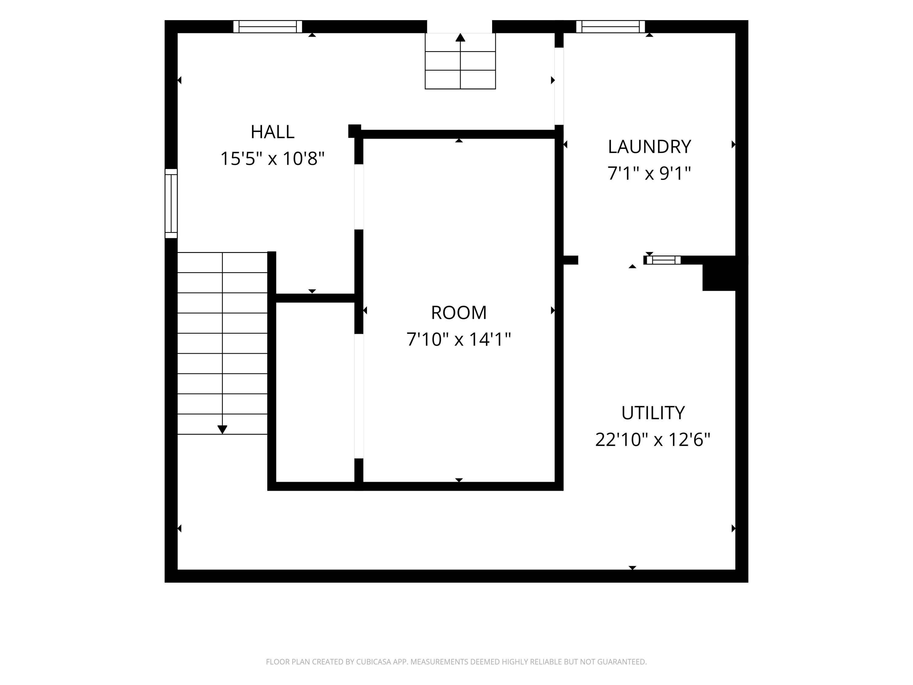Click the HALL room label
[272, 132]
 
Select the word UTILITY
[653, 413]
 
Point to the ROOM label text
[459, 313]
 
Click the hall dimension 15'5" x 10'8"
[272, 159]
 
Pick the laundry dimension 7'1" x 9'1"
[649, 174]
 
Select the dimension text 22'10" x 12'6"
[653, 439]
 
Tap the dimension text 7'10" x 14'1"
[459, 339]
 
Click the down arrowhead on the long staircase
[222, 430]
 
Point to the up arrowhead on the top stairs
[460, 37]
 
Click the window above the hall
[268, 26]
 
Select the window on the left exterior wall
[171, 204]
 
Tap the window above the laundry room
[610, 26]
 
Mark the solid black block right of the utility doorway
[719, 273]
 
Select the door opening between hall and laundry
[559, 86]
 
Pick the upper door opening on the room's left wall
[359, 197]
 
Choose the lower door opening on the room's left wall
[359, 396]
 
